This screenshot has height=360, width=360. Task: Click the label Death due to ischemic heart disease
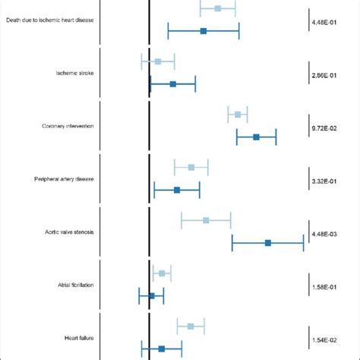click(49, 19)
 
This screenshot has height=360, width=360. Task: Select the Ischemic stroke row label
click(74, 73)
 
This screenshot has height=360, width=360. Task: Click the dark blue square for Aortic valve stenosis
click(268, 243)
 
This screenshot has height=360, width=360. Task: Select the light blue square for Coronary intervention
click(238, 115)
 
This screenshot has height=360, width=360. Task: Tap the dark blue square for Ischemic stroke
click(173, 84)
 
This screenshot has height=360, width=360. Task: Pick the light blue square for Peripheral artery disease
click(191, 167)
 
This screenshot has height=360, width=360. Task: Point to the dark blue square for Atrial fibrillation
click(151, 296)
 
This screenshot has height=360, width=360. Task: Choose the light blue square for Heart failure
click(191, 326)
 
